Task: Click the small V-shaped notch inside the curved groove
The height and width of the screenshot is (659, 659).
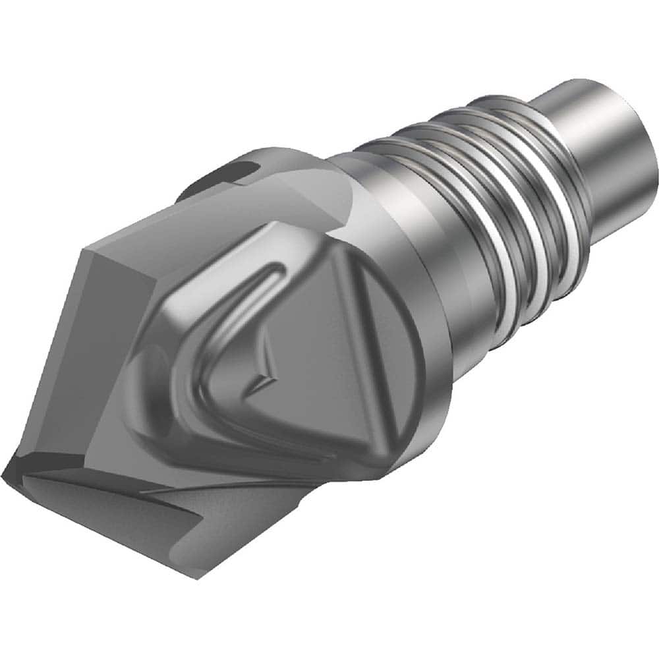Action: click(264, 376)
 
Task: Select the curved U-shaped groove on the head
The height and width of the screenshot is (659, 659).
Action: click(198, 356)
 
